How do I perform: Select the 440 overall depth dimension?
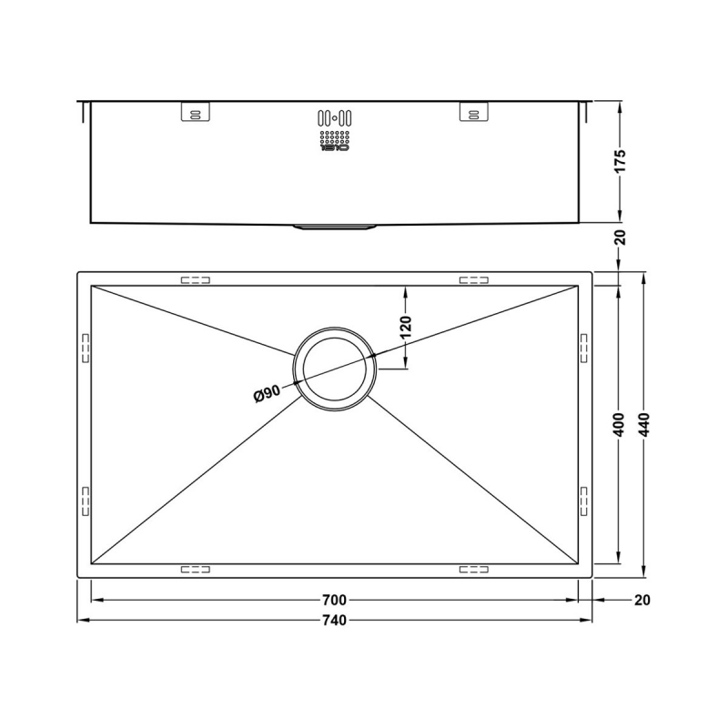[645, 424]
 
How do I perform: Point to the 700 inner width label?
[335, 601]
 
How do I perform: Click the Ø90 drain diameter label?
[267, 393]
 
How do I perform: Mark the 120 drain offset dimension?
[406, 325]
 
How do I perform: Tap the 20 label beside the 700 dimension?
[643, 601]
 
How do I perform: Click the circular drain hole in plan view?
[335, 369]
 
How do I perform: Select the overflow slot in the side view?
[334, 118]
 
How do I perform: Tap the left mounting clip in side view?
[195, 112]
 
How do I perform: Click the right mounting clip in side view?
[472, 112]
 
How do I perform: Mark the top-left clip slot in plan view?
[196, 280]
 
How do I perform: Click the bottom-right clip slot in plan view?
[473, 571]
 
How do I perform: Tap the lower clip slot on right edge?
[584, 500]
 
